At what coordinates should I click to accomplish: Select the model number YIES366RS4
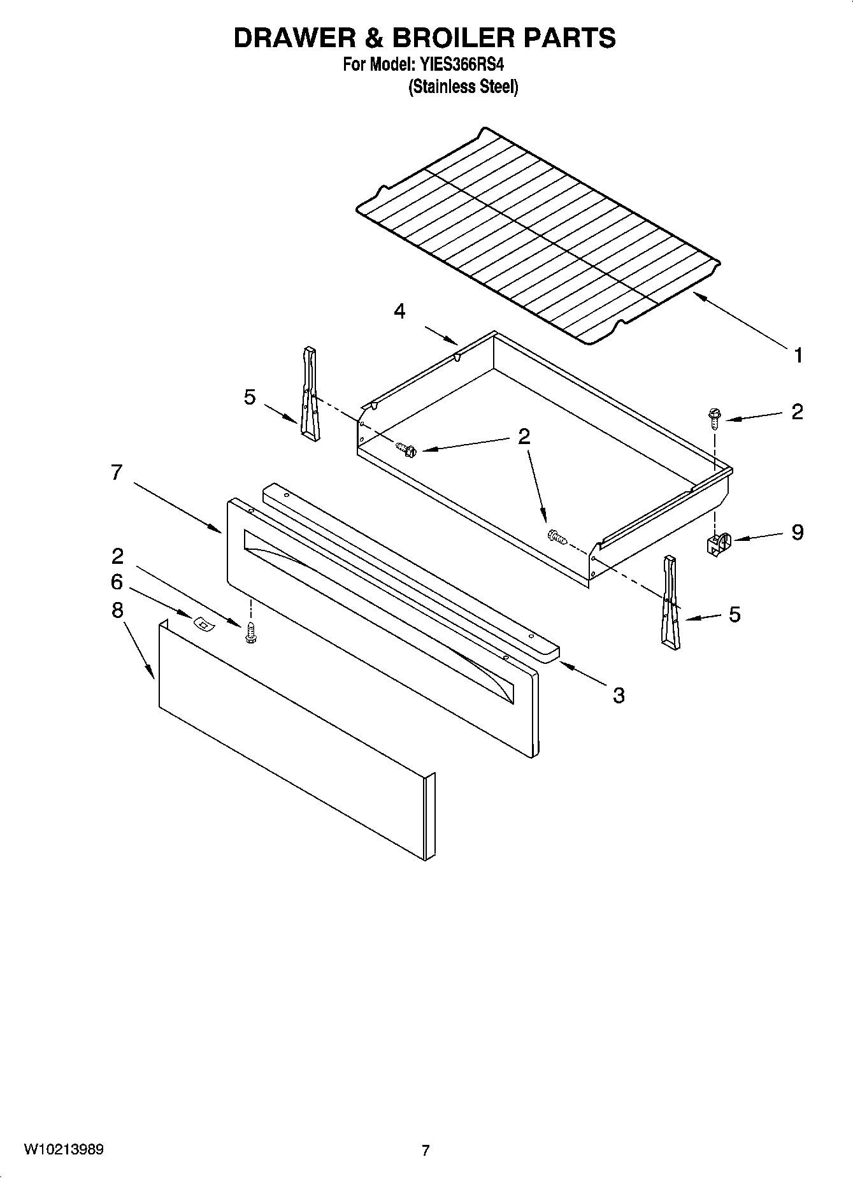tap(464, 65)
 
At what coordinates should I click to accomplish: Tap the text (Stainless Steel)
tap(462, 87)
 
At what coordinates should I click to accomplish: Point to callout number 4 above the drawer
tap(399, 312)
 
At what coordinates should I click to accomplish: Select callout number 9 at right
tap(798, 532)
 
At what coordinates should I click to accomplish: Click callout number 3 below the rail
tap(619, 695)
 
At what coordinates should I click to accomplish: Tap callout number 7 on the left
tap(116, 473)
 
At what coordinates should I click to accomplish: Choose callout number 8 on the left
tap(117, 610)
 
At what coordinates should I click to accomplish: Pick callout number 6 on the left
tap(117, 582)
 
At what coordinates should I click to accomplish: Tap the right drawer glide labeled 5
tap(670, 602)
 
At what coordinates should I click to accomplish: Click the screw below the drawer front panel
tap(250, 633)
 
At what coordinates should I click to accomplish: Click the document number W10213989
tap(64, 1150)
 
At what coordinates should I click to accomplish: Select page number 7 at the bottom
tap(426, 1151)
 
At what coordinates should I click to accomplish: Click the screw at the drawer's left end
tap(405, 450)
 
